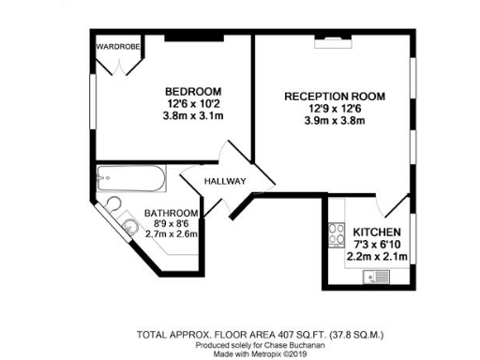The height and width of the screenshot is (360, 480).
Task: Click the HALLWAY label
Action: pos(226,181)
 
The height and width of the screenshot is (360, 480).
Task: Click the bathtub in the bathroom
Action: pos(131,175)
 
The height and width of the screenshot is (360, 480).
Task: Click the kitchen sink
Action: pos(380,277)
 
